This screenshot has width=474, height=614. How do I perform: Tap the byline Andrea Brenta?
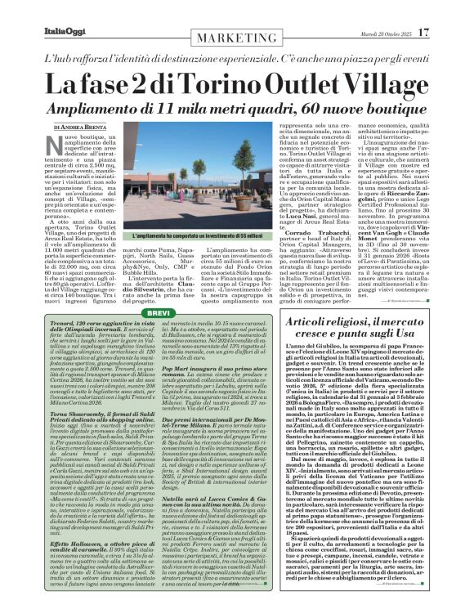[x=82, y=128]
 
